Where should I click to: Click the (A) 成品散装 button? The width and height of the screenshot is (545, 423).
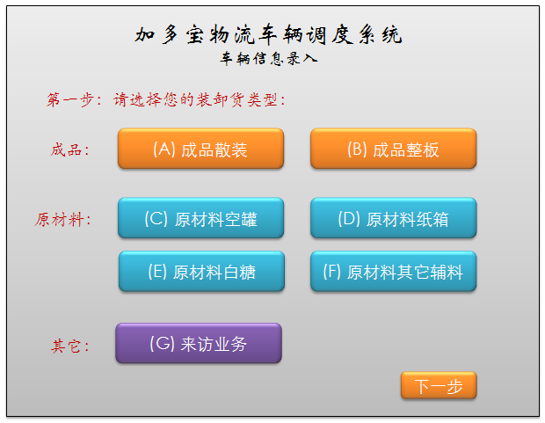200,149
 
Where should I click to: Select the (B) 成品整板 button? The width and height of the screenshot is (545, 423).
393,149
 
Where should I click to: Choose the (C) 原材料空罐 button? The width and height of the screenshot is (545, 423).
200,218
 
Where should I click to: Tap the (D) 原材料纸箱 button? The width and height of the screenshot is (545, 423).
393,218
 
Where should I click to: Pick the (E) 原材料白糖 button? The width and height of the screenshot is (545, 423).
200,272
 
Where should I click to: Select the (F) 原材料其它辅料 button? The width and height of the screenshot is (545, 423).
393,272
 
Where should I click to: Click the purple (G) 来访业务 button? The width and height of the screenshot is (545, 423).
199,343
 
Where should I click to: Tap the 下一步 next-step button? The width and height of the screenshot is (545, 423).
439,386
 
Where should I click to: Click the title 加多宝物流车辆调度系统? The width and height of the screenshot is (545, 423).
269,35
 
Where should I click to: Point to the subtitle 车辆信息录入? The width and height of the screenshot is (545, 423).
269,60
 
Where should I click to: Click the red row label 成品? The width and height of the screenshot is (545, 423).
70,150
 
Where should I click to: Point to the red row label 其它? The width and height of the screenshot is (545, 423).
70,346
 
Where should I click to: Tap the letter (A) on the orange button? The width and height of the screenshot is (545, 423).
164,149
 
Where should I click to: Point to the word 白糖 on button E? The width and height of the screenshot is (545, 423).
238,272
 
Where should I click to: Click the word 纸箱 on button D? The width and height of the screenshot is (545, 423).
431,219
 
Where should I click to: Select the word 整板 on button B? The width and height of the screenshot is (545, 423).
421,150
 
